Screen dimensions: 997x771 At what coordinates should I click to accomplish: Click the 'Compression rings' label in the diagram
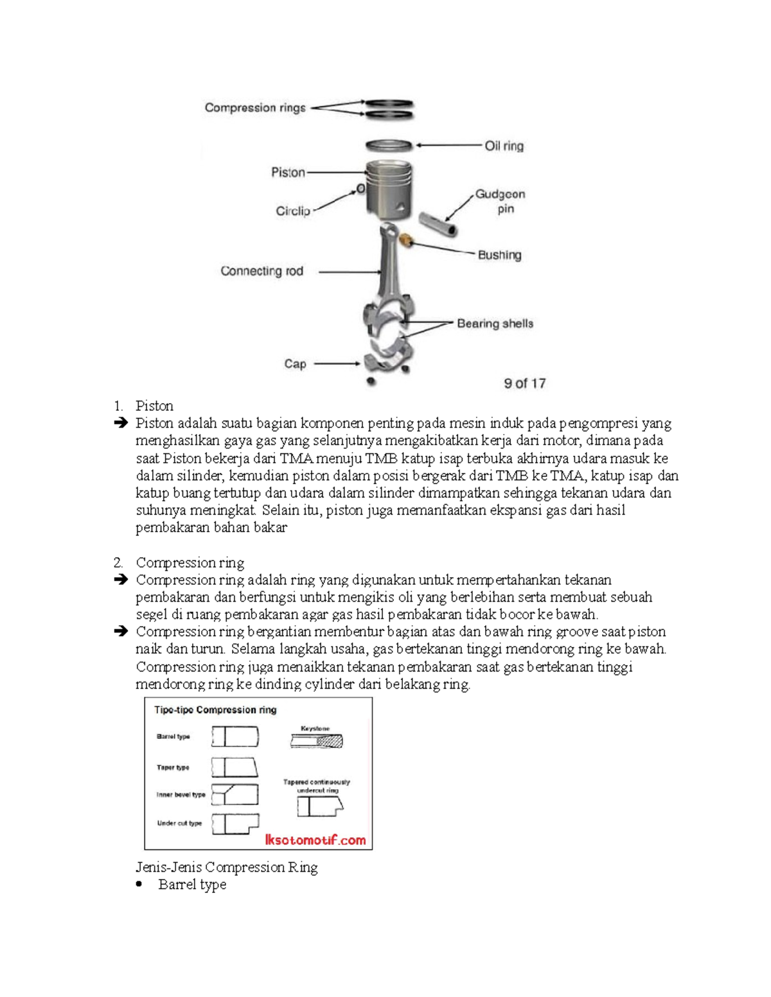255,108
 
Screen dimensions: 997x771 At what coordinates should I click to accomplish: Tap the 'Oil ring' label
504,146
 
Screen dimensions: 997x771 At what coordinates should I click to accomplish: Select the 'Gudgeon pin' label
500,201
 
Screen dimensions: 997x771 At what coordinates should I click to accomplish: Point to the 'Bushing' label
499,255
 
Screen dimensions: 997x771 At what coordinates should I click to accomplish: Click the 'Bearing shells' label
495,324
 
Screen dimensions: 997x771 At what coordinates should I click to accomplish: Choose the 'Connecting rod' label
261,271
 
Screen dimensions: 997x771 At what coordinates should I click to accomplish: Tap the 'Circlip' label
293,211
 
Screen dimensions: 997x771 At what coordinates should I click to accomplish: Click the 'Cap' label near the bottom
295,364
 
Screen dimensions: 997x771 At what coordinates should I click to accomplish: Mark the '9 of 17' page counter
524,383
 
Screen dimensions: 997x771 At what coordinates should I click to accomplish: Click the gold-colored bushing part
406,241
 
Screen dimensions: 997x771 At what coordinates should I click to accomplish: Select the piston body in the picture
388,189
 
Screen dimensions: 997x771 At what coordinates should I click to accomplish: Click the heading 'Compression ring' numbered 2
190,563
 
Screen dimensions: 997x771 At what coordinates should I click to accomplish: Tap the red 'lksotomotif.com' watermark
315,840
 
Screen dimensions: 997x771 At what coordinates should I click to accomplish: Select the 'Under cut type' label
179,823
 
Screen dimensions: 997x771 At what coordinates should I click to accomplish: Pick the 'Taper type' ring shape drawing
235,767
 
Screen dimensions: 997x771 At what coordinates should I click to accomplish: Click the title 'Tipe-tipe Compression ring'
215,710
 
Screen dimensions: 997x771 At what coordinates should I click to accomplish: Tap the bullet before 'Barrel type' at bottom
139,885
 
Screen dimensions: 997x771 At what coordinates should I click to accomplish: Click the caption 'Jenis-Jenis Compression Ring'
227,867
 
